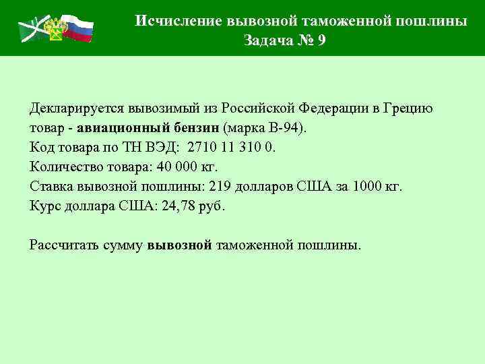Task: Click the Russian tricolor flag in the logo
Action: [79, 28]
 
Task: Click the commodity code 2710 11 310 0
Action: [232, 147]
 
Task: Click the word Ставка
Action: [51, 186]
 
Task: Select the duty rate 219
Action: [222, 186]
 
